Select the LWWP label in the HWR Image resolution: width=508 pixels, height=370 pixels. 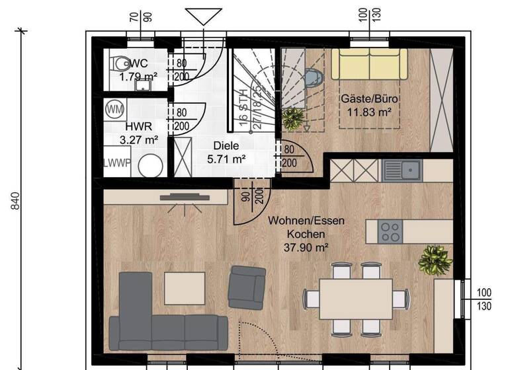pos(116,163)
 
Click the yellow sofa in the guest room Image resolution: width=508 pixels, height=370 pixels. pos(369,63)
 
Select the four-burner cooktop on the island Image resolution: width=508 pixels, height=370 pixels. pos(391,231)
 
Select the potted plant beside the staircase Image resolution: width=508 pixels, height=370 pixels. pos(292,120)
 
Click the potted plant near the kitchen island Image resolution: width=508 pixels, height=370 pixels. pos(435,260)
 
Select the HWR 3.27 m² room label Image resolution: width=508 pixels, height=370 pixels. pos(140,133)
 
